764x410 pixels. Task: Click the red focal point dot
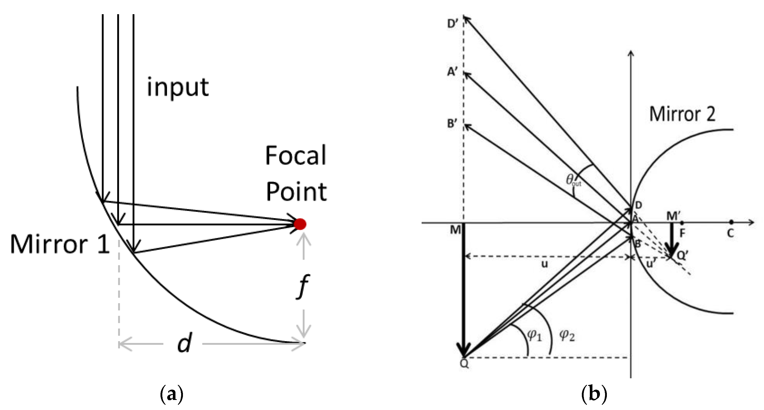300,224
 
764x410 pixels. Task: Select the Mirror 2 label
682,114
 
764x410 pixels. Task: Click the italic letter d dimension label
184,343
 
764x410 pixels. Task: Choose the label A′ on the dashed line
453,72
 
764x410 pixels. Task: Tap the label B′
453,124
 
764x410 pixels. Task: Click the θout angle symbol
573,181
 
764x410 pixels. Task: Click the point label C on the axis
730,234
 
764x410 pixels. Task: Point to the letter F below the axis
682,234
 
